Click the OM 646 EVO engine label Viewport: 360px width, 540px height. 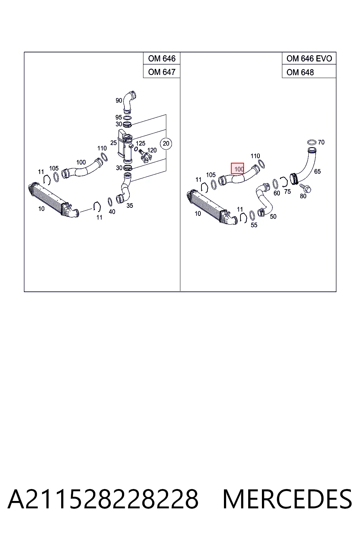tap(309, 58)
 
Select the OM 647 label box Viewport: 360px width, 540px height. tap(162, 71)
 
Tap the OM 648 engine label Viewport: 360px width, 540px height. tap(300, 72)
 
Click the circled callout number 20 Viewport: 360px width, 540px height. tap(166, 143)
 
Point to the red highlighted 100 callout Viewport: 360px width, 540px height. tap(238, 168)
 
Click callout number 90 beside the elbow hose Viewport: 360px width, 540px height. tap(119, 100)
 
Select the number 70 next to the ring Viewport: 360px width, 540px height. tap(321, 142)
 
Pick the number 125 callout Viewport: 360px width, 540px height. tap(140, 143)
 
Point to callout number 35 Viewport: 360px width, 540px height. tap(130, 206)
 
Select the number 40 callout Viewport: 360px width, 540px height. tap(112, 212)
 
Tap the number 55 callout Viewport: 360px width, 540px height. tap(254, 225)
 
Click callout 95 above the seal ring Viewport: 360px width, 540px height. tap(118, 117)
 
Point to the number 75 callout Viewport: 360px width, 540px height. tap(288, 191)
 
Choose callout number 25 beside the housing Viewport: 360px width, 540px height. tap(113, 143)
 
